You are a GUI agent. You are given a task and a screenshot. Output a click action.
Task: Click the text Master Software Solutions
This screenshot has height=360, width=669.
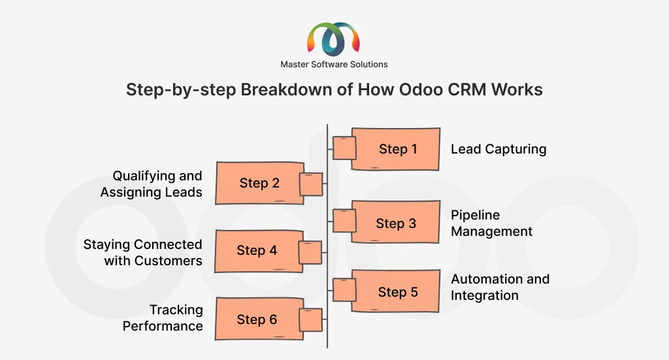coord(334,64)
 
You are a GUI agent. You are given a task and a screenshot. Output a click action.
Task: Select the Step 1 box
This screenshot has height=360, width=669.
coord(396,149)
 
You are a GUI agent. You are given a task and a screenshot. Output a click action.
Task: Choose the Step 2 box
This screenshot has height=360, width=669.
coord(259,183)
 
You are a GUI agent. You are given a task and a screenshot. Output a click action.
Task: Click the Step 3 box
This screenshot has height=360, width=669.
coord(396,223)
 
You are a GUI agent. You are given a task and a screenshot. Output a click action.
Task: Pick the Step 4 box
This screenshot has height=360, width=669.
coord(257,250)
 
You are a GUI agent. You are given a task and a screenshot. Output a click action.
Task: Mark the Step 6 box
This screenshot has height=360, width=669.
coord(257,319)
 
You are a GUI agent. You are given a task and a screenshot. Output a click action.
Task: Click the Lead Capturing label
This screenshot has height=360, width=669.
coord(498,149)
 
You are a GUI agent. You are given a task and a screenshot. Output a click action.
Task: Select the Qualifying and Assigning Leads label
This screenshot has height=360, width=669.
coord(152,184)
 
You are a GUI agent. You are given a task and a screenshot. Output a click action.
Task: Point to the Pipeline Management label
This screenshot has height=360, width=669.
coord(491,223)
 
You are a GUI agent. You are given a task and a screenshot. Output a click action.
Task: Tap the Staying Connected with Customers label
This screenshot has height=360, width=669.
coord(143,252)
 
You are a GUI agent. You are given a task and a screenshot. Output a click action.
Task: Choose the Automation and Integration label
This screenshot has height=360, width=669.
coord(500,287)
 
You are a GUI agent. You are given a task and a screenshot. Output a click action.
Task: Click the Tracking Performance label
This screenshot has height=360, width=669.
coord(163,318)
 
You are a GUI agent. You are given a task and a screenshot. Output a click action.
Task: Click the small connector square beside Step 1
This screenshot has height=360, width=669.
coord(344,148)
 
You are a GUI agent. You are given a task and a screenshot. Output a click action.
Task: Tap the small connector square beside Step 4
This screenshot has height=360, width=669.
coord(310,252)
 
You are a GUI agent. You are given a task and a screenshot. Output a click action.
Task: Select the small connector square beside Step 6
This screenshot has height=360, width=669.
coord(310,320)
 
